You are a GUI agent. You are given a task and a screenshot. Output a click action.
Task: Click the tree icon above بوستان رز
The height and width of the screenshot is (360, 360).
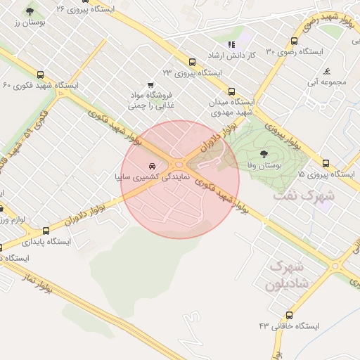point(30,12)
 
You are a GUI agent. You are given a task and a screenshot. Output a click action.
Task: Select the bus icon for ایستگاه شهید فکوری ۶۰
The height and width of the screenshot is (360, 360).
point(40,74)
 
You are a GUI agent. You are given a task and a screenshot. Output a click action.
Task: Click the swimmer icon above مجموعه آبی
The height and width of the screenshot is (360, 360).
point(328,72)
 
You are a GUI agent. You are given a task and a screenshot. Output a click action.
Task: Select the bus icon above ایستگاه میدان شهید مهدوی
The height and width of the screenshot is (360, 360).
point(231,91)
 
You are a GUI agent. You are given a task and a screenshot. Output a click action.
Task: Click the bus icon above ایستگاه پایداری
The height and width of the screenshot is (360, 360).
point(46,230)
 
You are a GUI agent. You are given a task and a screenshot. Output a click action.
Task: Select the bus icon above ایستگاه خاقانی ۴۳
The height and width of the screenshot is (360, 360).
point(289,315)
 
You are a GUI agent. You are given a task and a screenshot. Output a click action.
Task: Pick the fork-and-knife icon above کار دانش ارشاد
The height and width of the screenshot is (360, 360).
point(231,44)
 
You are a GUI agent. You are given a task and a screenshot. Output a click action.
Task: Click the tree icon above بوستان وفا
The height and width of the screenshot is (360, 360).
point(264,153)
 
